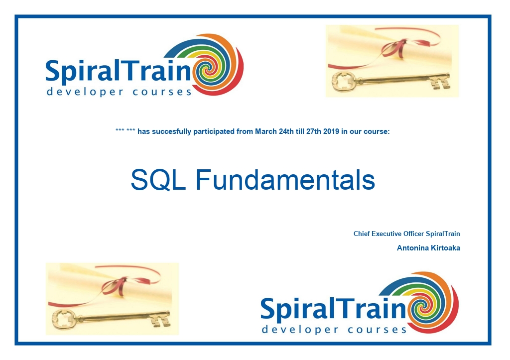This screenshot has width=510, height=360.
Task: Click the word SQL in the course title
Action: tap(158, 180)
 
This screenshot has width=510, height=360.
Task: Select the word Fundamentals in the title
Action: tap(285, 180)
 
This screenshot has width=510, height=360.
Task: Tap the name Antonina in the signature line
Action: tap(412, 248)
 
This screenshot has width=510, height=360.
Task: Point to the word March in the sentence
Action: tap(266, 131)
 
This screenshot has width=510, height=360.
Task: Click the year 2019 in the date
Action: tap(331, 131)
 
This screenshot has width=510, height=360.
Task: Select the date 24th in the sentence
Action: tap(286, 131)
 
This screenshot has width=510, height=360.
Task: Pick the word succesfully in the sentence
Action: tap(172, 132)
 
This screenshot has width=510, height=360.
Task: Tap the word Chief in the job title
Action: tap(362, 234)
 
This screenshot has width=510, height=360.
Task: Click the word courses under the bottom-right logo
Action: tap(377, 330)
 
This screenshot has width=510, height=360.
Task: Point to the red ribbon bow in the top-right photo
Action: tap(395, 49)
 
